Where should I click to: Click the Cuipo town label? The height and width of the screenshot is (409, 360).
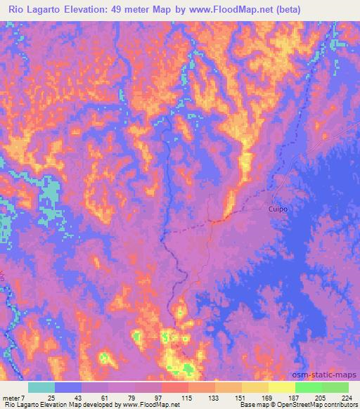(x=278, y=209)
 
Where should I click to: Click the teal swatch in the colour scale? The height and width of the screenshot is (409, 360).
(x=41, y=387)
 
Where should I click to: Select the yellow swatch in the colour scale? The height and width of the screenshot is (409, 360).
(x=281, y=387)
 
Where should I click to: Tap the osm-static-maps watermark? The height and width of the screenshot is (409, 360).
(x=326, y=375)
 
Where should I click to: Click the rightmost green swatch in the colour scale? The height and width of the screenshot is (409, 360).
(x=335, y=387)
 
